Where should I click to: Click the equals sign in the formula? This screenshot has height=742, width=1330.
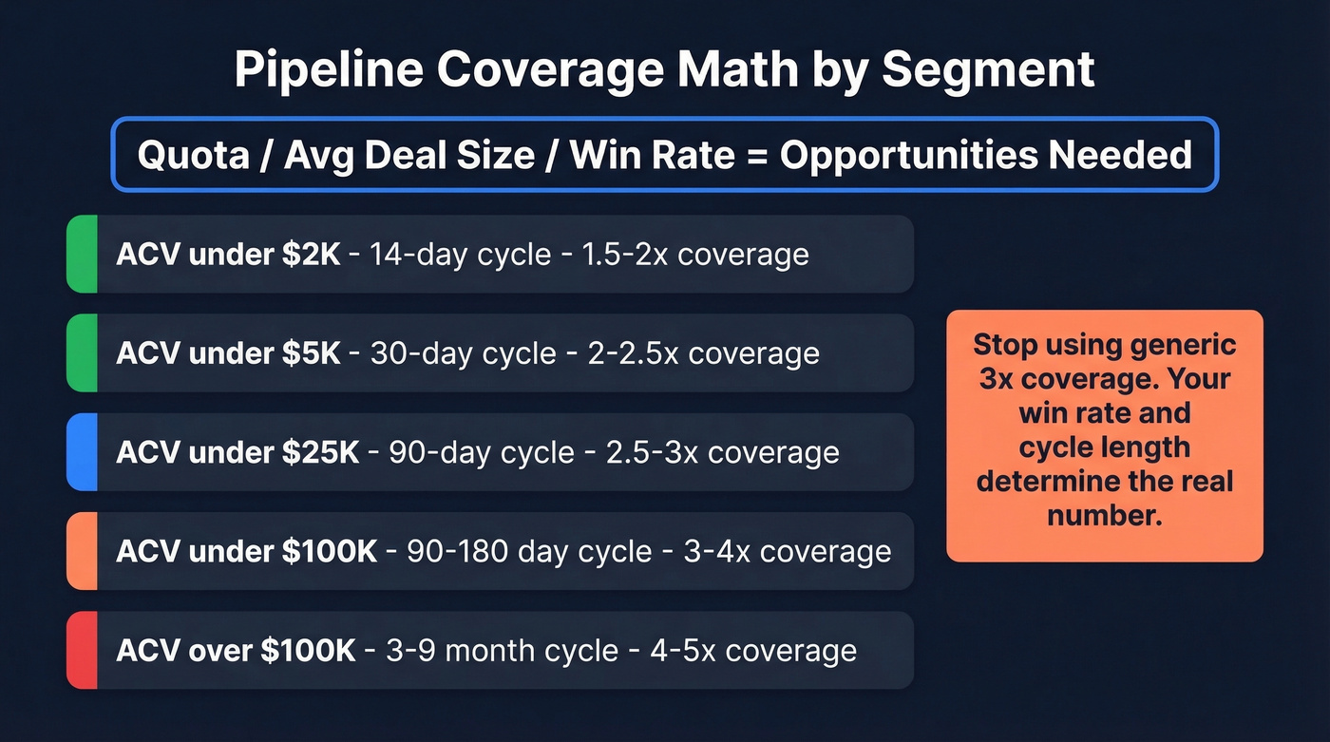pyautogui.click(x=757, y=154)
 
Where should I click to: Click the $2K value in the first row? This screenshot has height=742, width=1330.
pyautogui.click(x=312, y=255)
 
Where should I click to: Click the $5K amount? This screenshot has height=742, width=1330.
pyautogui.click(x=312, y=353)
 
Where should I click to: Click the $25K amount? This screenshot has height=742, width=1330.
pyautogui.click(x=321, y=452)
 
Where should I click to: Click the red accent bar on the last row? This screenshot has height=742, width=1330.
pyautogui.click(x=82, y=651)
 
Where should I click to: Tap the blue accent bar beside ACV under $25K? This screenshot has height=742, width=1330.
pyautogui.click(x=82, y=452)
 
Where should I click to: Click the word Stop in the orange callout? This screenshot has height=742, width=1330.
pyautogui.click(x=1006, y=344)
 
